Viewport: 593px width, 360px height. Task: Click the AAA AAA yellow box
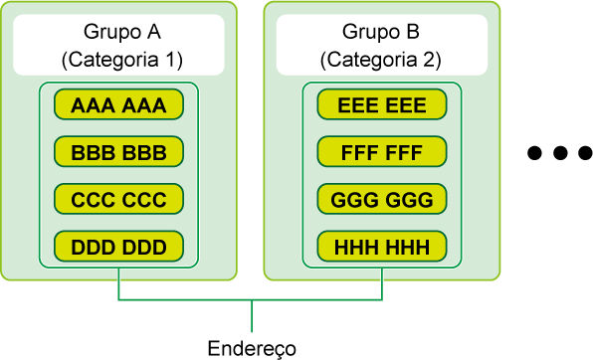click(x=118, y=104)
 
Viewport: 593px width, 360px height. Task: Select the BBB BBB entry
click(x=118, y=151)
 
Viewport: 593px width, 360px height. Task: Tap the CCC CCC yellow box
click(x=118, y=199)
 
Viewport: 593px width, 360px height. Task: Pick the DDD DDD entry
click(x=118, y=247)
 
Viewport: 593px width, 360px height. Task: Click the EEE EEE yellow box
click(x=382, y=104)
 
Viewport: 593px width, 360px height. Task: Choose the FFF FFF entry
click(x=382, y=151)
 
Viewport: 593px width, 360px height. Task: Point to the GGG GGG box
click(x=382, y=199)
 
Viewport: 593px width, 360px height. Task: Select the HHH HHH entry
click(x=382, y=247)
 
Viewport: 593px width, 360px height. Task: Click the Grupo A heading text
click(x=122, y=33)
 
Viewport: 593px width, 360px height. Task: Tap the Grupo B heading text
click(x=381, y=33)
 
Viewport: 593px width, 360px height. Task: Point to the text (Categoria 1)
click(x=122, y=60)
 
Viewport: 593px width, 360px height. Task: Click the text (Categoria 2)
click(x=381, y=60)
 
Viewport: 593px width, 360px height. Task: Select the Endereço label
click(x=252, y=348)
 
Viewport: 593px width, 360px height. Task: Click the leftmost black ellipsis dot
click(x=534, y=153)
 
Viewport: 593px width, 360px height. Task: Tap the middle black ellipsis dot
click(x=560, y=153)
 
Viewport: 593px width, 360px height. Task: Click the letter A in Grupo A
click(x=153, y=32)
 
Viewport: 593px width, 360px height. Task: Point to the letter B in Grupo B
click(x=413, y=32)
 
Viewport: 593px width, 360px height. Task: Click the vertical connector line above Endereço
click(x=252, y=316)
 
